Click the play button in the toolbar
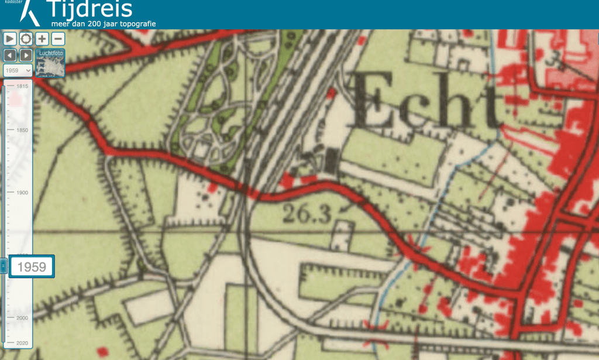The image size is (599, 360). click(x=10, y=39)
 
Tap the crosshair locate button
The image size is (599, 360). click(x=26, y=39)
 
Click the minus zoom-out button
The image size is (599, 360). click(x=58, y=39)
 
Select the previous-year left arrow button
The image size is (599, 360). click(x=10, y=55)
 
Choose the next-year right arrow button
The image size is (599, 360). click(x=26, y=55)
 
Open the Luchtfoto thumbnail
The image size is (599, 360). click(x=50, y=63)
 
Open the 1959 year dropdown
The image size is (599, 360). click(x=18, y=70)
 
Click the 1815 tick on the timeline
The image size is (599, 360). click(x=22, y=87)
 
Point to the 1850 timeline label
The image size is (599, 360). click(x=22, y=130)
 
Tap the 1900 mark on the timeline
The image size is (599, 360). click(x=22, y=193)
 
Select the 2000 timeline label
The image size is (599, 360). click(x=22, y=318)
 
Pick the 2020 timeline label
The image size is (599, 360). click(x=22, y=342)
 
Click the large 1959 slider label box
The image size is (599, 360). click(x=32, y=267)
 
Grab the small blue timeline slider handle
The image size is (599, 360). click(x=4, y=266)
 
